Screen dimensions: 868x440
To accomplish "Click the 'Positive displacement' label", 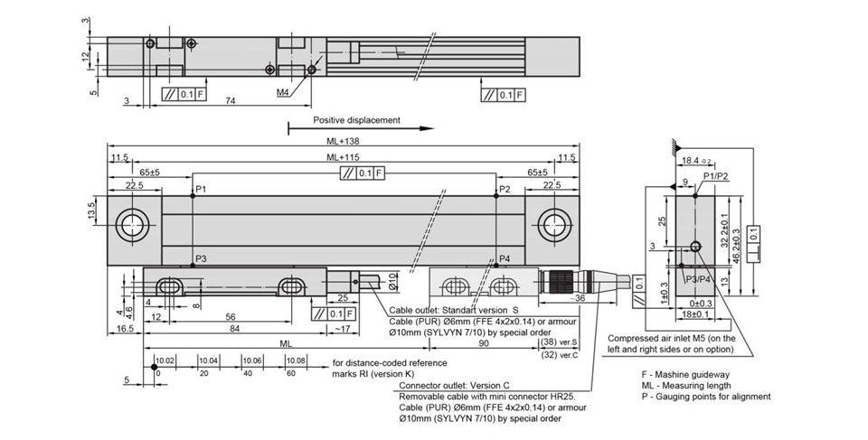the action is pyautogui.click(x=356, y=119).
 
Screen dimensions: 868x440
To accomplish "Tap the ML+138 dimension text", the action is pyautogui.click(x=344, y=141).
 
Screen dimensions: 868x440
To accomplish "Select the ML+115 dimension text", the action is pyautogui.click(x=344, y=158).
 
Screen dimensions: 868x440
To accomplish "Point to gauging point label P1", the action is pyautogui.click(x=201, y=190).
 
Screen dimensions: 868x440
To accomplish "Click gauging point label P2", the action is pyautogui.click(x=505, y=190).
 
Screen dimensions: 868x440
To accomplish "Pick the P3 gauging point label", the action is pyautogui.click(x=201, y=258).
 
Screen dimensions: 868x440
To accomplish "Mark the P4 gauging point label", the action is pyautogui.click(x=505, y=258).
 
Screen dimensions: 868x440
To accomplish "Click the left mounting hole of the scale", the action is pyautogui.click(x=132, y=225).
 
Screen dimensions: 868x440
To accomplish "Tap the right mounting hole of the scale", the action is pyautogui.click(x=554, y=225).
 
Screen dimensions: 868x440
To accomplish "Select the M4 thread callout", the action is pyautogui.click(x=283, y=92).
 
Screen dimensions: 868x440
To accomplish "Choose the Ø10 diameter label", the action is pyautogui.click(x=392, y=282).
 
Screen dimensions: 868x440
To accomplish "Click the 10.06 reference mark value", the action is pyautogui.click(x=252, y=360).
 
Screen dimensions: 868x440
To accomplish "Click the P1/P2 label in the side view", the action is pyautogui.click(x=715, y=175).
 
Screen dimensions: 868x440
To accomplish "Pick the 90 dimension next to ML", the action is pyautogui.click(x=483, y=343).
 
